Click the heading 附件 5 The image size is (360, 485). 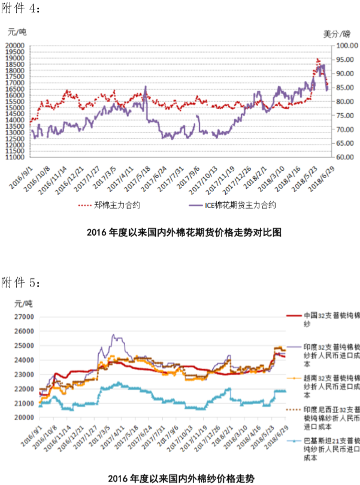(x=21, y=282)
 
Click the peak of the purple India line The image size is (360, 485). (x=114, y=335)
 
